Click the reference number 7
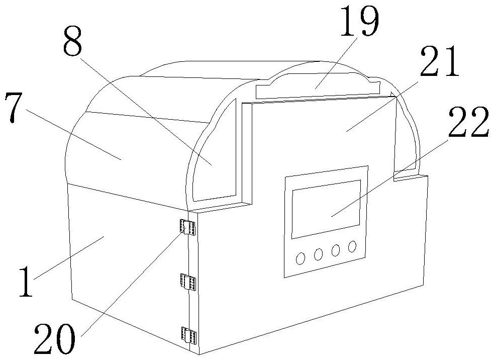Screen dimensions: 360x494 coord(15,109)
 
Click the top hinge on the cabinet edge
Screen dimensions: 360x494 coord(187,227)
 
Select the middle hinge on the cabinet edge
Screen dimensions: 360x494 coord(189,283)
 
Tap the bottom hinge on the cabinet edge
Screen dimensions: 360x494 coord(189,335)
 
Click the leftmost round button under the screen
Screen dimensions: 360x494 coord(301,258)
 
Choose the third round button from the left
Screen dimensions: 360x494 coord(336,249)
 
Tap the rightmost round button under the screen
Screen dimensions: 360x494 coord(352,246)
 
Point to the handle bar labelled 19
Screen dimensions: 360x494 coord(317,89)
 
